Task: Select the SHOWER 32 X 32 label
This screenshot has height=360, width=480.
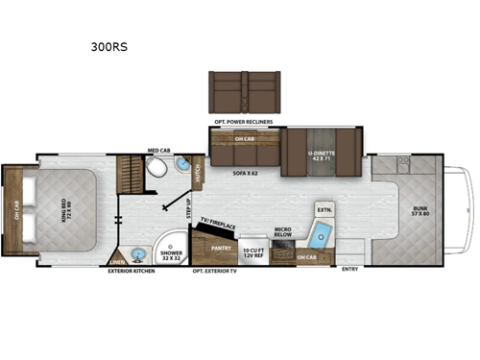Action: coord(172,254)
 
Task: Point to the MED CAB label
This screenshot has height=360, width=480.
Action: coord(158,151)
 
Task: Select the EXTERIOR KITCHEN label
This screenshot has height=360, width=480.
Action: coord(131,271)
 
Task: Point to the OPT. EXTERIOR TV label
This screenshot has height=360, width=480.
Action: coord(217,271)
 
